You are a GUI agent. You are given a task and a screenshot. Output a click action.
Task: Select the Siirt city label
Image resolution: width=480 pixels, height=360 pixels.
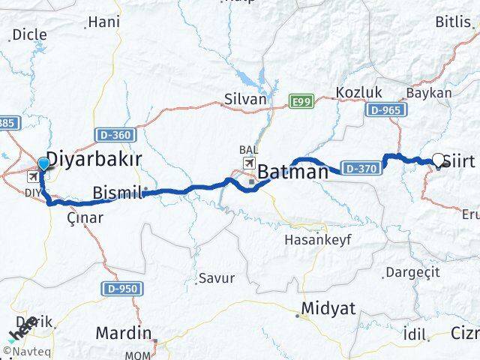(x=459, y=161)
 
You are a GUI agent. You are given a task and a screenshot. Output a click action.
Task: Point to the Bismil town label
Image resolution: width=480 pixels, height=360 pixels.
(x=117, y=193)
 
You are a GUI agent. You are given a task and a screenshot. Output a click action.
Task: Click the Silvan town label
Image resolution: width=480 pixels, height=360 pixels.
(x=245, y=99)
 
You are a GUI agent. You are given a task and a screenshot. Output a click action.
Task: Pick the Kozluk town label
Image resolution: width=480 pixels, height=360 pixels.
(x=359, y=93)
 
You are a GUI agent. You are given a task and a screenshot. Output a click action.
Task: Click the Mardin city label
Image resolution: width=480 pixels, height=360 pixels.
(x=124, y=333)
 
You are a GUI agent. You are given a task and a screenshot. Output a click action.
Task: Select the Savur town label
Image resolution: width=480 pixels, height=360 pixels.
(x=216, y=278)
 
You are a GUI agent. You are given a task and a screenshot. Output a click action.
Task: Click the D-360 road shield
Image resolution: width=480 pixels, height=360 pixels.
(x=115, y=135)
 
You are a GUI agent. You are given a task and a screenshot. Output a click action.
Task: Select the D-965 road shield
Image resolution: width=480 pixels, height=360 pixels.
(x=387, y=110)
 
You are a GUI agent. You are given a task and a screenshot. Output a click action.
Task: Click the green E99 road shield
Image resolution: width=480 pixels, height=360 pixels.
(x=302, y=100)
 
